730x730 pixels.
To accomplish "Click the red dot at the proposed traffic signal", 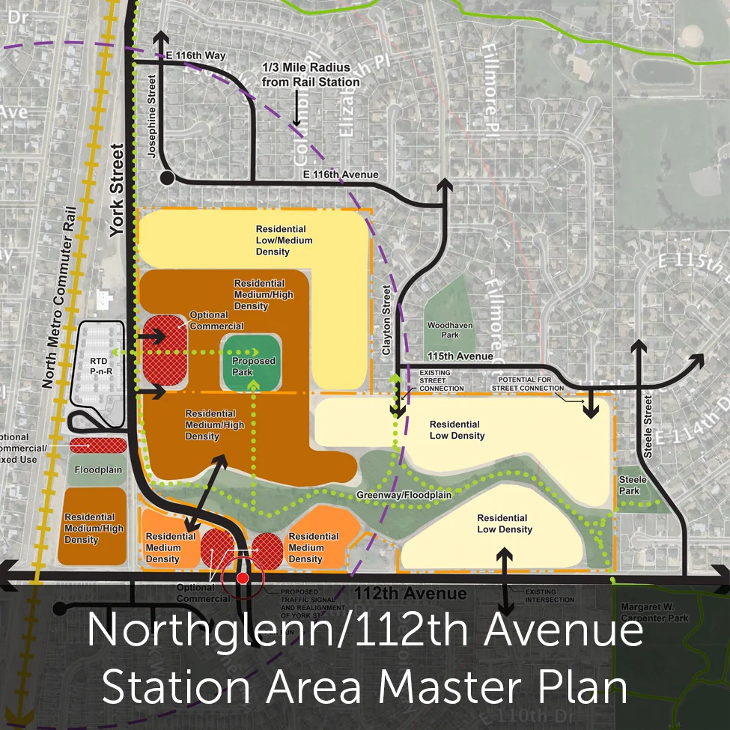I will click(x=243, y=578).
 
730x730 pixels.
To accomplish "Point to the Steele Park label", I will click(x=629, y=485).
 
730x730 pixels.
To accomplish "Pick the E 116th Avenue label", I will click(x=341, y=174).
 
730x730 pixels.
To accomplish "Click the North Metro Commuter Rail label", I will click(x=61, y=296).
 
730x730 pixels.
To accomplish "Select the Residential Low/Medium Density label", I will click(x=284, y=240).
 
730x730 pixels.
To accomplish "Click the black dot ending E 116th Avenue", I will click(x=166, y=177).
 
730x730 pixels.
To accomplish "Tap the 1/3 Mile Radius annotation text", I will click(x=300, y=75).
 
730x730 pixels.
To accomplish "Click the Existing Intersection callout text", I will click(x=550, y=596).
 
